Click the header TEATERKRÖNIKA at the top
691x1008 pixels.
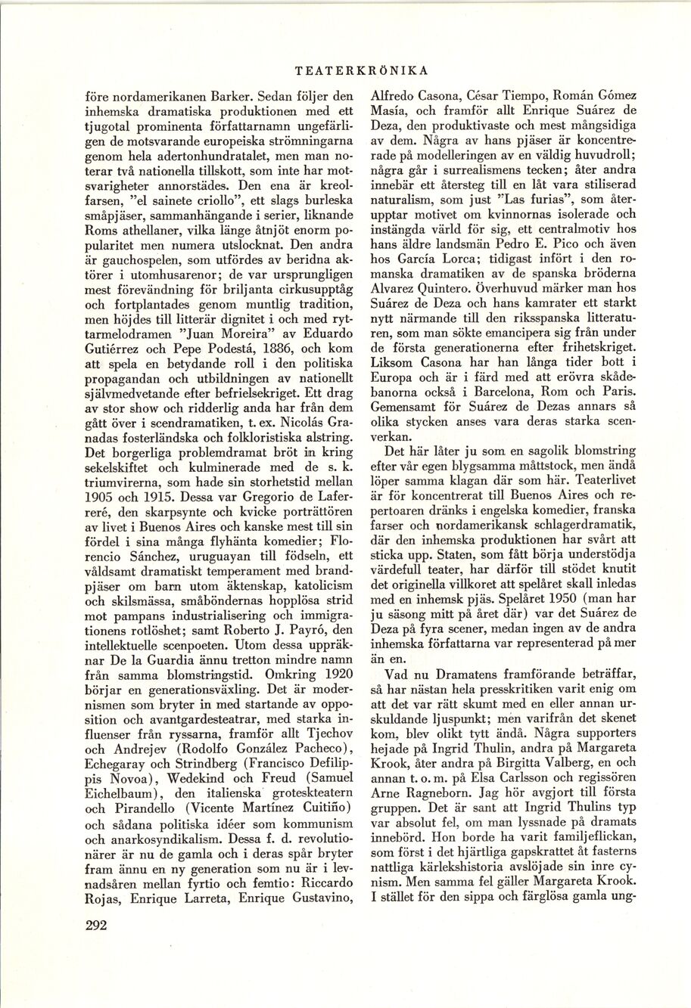pyautogui.click(x=362, y=71)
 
